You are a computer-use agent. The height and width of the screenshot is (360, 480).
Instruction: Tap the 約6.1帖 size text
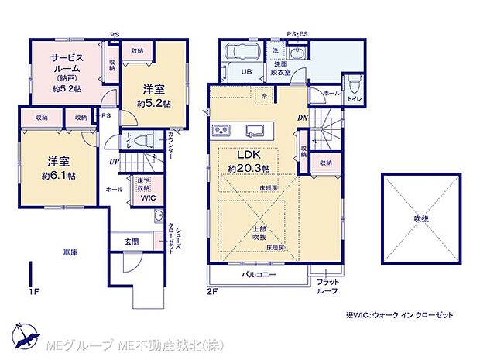pyautogui.click(x=59, y=176)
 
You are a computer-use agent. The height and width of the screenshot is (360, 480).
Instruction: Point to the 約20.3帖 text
pyautogui.click(x=248, y=169)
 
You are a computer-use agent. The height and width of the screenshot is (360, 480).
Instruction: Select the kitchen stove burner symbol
pyautogui.click(x=220, y=129)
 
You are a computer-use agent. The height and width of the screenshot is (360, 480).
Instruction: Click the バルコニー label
pyautogui.click(x=257, y=275)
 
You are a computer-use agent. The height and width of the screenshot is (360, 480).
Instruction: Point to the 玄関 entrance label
pyautogui.click(x=131, y=242)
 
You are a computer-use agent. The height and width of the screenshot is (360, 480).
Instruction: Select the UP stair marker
pyautogui.click(x=113, y=161)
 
